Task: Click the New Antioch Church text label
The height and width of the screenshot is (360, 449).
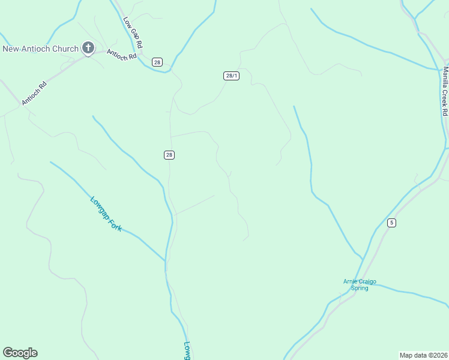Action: [40, 49]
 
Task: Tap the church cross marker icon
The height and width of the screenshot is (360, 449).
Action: [88, 48]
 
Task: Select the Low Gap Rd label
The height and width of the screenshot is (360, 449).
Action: [133, 32]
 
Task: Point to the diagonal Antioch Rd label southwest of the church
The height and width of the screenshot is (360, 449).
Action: [34, 93]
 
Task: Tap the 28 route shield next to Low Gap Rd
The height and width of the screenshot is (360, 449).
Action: [157, 62]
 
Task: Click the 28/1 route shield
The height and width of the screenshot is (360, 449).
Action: [232, 76]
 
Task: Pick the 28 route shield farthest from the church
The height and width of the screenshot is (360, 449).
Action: [169, 155]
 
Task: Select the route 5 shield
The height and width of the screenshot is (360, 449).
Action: [391, 223]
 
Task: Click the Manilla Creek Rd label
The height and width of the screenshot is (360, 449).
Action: [445, 91]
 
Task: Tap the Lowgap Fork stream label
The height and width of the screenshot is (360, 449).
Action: [106, 214]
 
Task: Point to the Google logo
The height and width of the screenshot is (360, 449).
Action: [20, 353]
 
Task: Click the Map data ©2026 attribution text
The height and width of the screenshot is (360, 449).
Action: [423, 355]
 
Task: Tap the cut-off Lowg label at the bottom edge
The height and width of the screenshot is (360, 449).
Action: [187, 350]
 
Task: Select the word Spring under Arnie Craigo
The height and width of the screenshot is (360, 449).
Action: [360, 288]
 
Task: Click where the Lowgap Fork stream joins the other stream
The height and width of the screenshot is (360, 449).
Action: [165, 260]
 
